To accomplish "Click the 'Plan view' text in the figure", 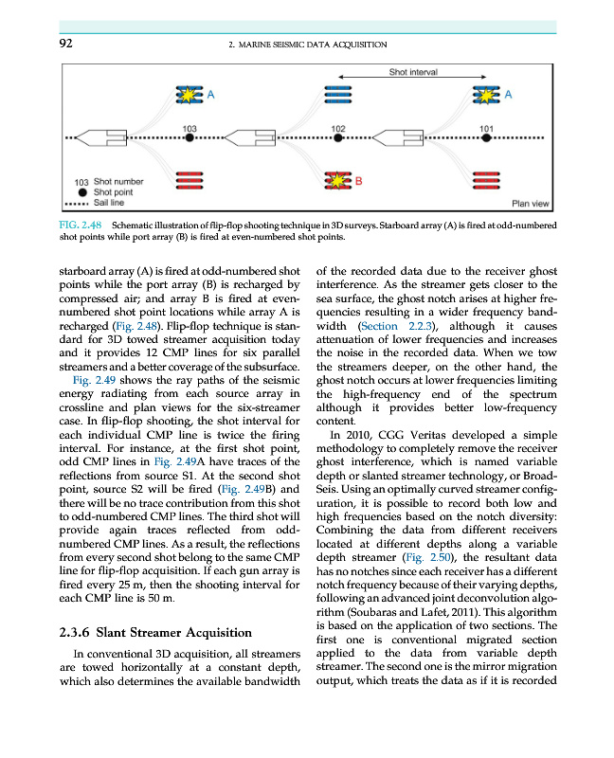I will click(x=530, y=203).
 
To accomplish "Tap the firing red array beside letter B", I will click(x=337, y=180).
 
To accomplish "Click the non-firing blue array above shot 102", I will click(x=338, y=95).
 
